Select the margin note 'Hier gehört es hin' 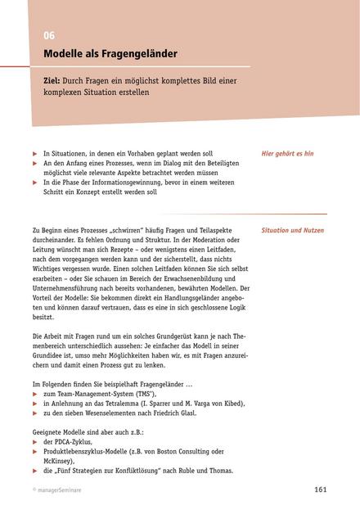point(287,153)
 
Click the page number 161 point(321,490)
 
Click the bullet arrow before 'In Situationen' point(34,154)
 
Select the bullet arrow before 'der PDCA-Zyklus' point(34,441)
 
